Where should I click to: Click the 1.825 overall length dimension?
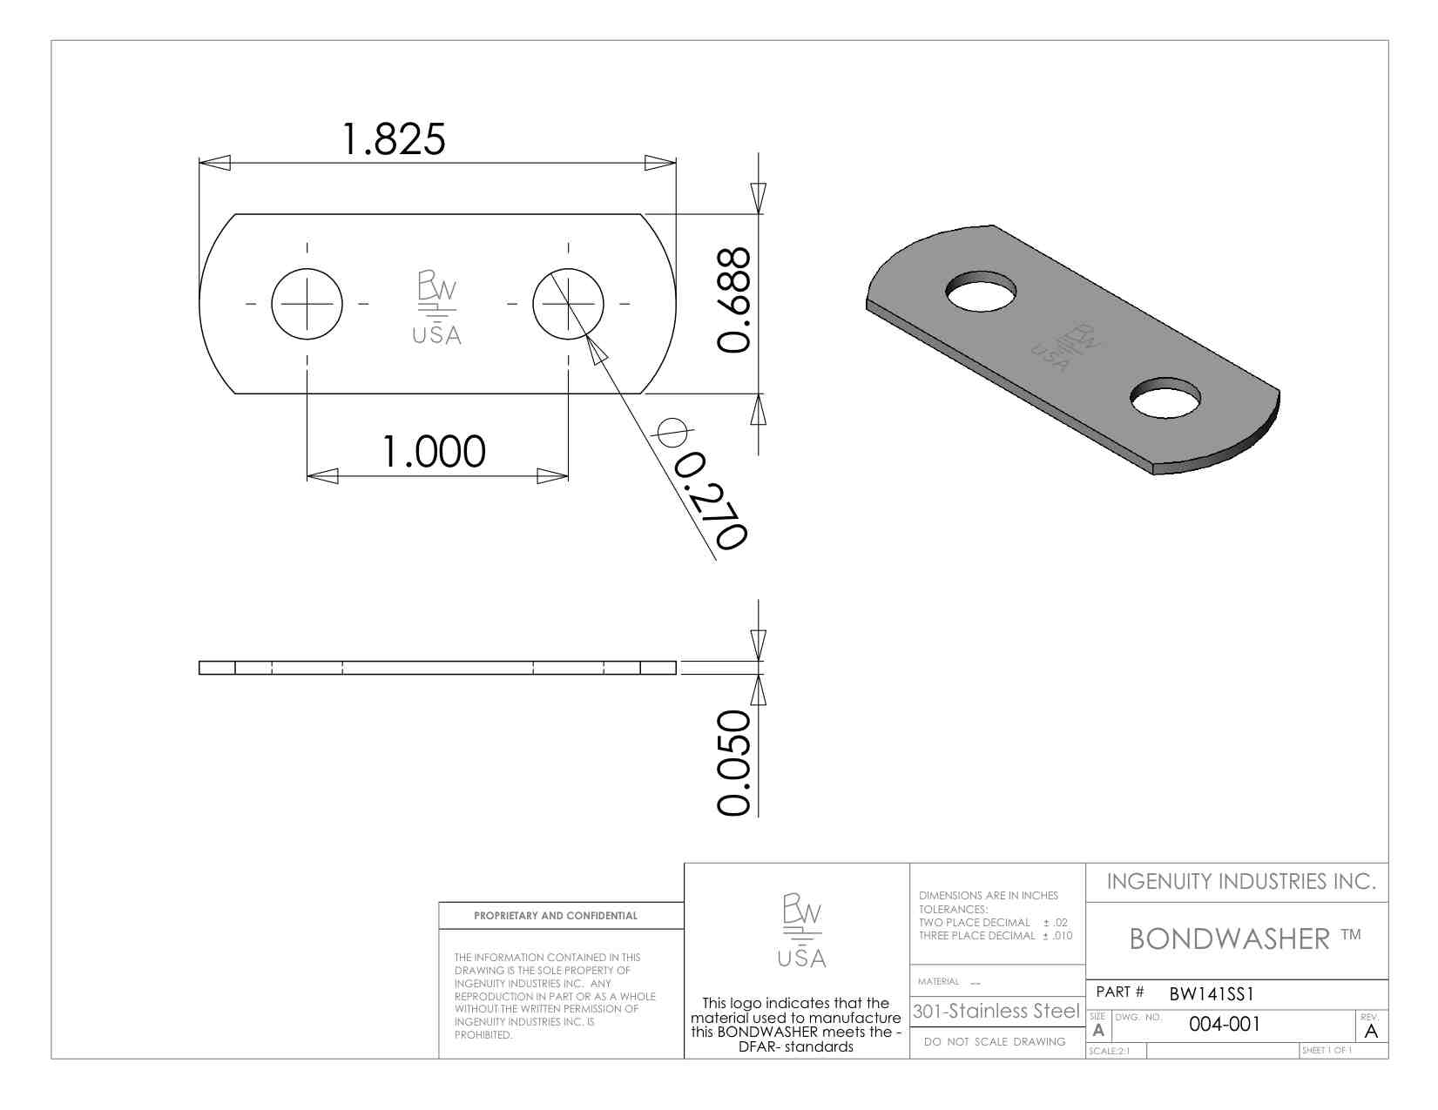pos(393,139)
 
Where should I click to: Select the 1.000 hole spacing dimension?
pos(434,451)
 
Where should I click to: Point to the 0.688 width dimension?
pos(734,299)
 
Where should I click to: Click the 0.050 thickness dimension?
pos(734,762)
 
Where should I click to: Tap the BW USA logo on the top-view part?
pos(436,307)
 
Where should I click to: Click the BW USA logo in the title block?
pos(801,930)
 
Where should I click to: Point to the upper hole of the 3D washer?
pos(981,291)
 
